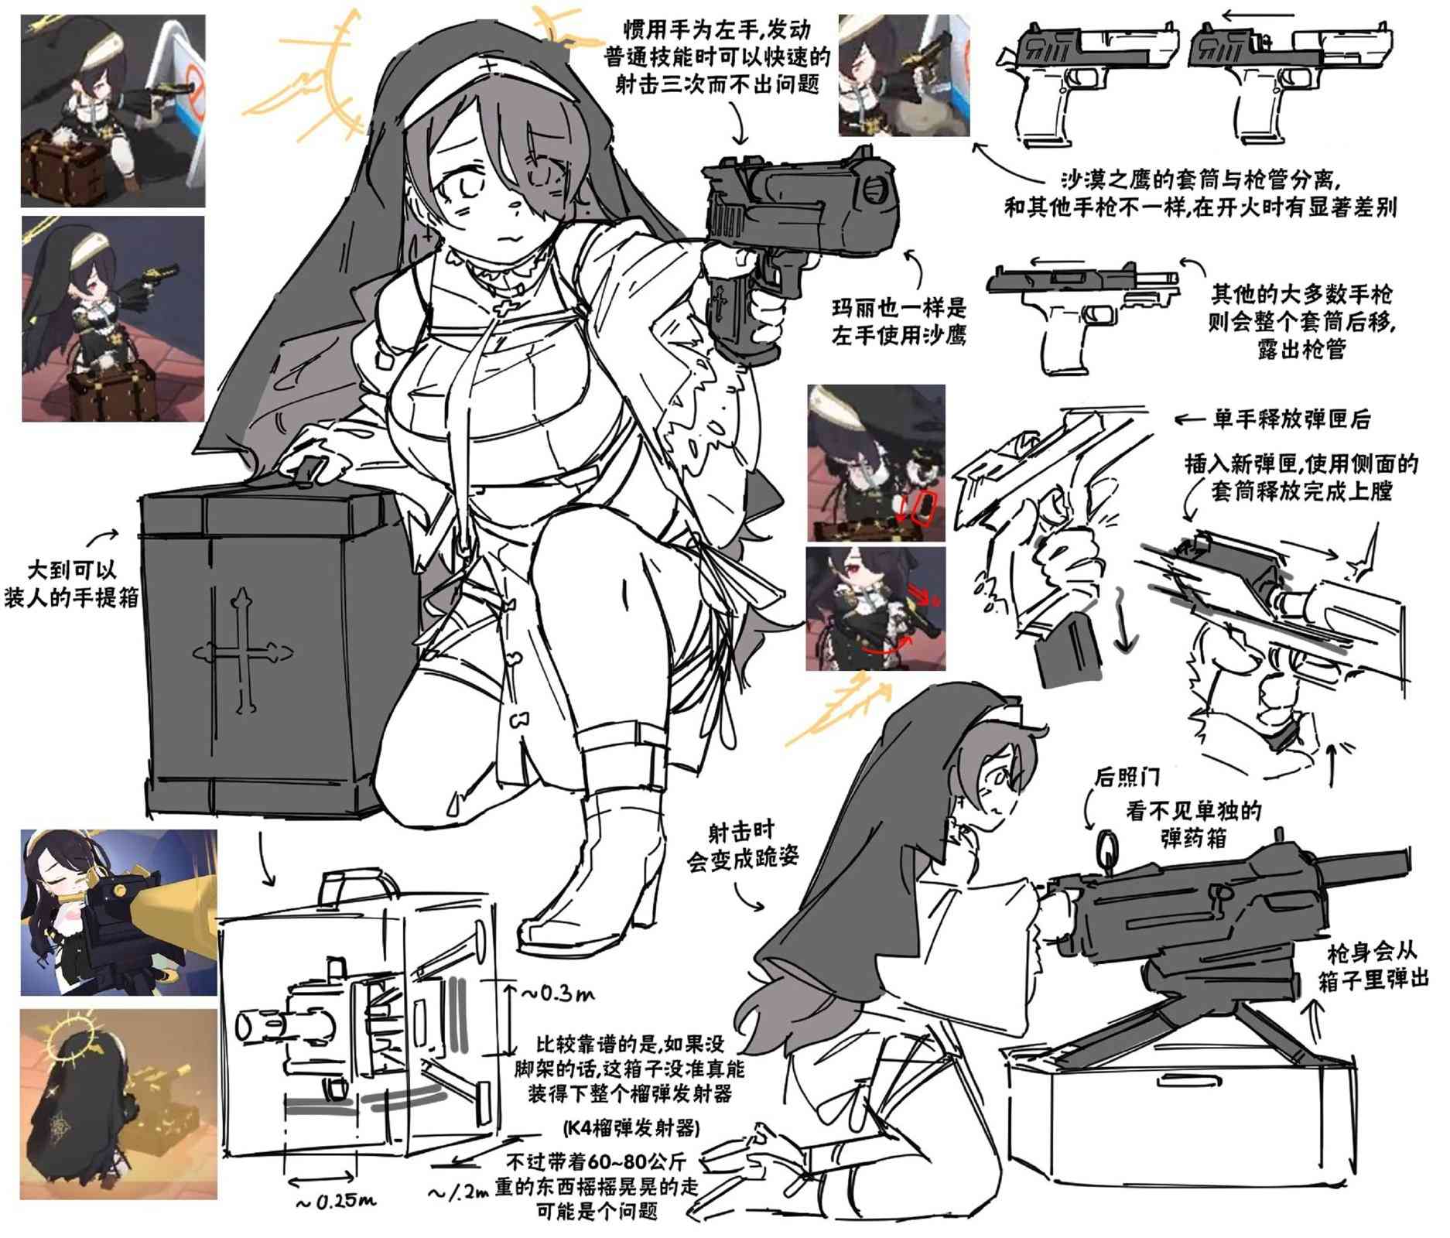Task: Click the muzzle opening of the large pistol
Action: [876, 188]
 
